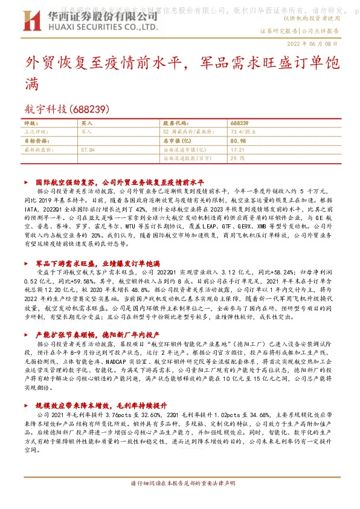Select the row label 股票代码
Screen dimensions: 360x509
[176, 122]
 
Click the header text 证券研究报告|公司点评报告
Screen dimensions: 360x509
[307, 30]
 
